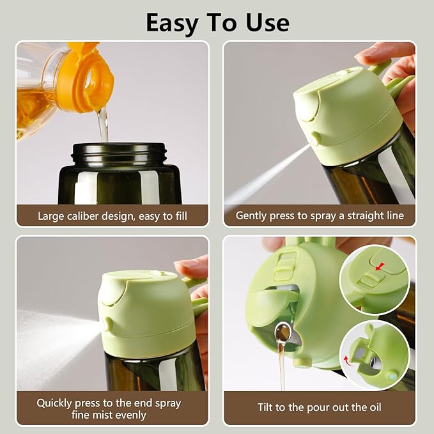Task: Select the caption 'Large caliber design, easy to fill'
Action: tap(112, 216)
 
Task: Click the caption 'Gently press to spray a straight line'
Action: tap(320, 216)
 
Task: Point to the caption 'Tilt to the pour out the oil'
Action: tap(320, 407)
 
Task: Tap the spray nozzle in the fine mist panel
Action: tap(105, 325)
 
